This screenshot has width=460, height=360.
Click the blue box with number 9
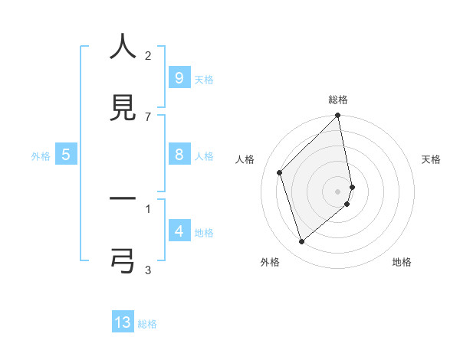pyautogui.click(x=179, y=77)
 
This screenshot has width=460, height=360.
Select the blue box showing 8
pyautogui.click(x=179, y=155)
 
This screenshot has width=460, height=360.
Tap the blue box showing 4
pyautogui.click(x=179, y=231)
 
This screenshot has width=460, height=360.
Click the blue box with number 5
pyautogui.click(x=66, y=155)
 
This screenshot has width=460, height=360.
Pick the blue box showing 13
pyautogui.click(x=123, y=322)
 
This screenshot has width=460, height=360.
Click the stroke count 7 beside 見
pyautogui.click(x=148, y=116)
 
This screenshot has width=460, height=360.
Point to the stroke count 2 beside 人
pyautogui.click(x=148, y=55)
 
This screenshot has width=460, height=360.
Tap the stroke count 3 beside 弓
pyautogui.click(x=148, y=270)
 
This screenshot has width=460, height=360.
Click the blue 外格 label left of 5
pyautogui.click(x=41, y=156)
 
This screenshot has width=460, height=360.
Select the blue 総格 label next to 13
pyautogui.click(x=147, y=324)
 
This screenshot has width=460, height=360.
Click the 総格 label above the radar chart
pyautogui.click(x=338, y=100)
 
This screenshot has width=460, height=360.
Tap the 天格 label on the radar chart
pyautogui.click(x=432, y=159)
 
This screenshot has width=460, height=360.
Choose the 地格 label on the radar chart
pyautogui.click(x=402, y=262)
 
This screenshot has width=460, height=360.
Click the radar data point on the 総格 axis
pyautogui.click(x=338, y=116)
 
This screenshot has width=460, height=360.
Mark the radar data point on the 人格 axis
pyautogui.click(x=280, y=172)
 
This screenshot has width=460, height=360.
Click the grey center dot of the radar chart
pyautogui.click(x=338, y=191)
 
